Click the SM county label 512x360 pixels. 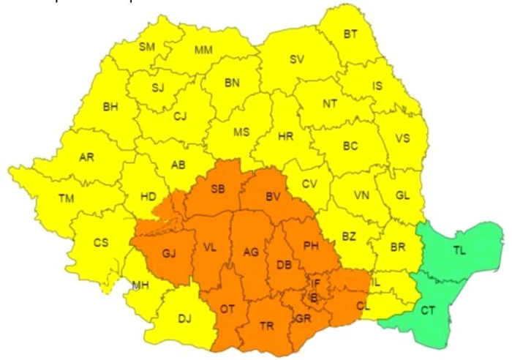(x=147, y=47)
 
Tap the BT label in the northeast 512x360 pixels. (x=351, y=34)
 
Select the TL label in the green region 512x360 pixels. (x=459, y=250)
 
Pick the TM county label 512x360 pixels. (x=67, y=198)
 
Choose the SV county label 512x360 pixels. (x=296, y=59)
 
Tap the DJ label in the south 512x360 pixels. (x=186, y=319)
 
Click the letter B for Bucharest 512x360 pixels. (x=314, y=298)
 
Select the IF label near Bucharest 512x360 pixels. (x=316, y=282)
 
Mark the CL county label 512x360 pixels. (x=364, y=307)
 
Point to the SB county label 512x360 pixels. (x=218, y=189)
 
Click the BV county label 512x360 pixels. (x=274, y=197)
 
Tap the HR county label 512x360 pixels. (x=285, y=136)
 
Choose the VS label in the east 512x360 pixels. (x=402, y=138)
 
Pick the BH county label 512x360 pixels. (x=110, y=107)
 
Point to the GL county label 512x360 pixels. (x=402, y=195)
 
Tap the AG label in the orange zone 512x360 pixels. (x=251, y=252)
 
